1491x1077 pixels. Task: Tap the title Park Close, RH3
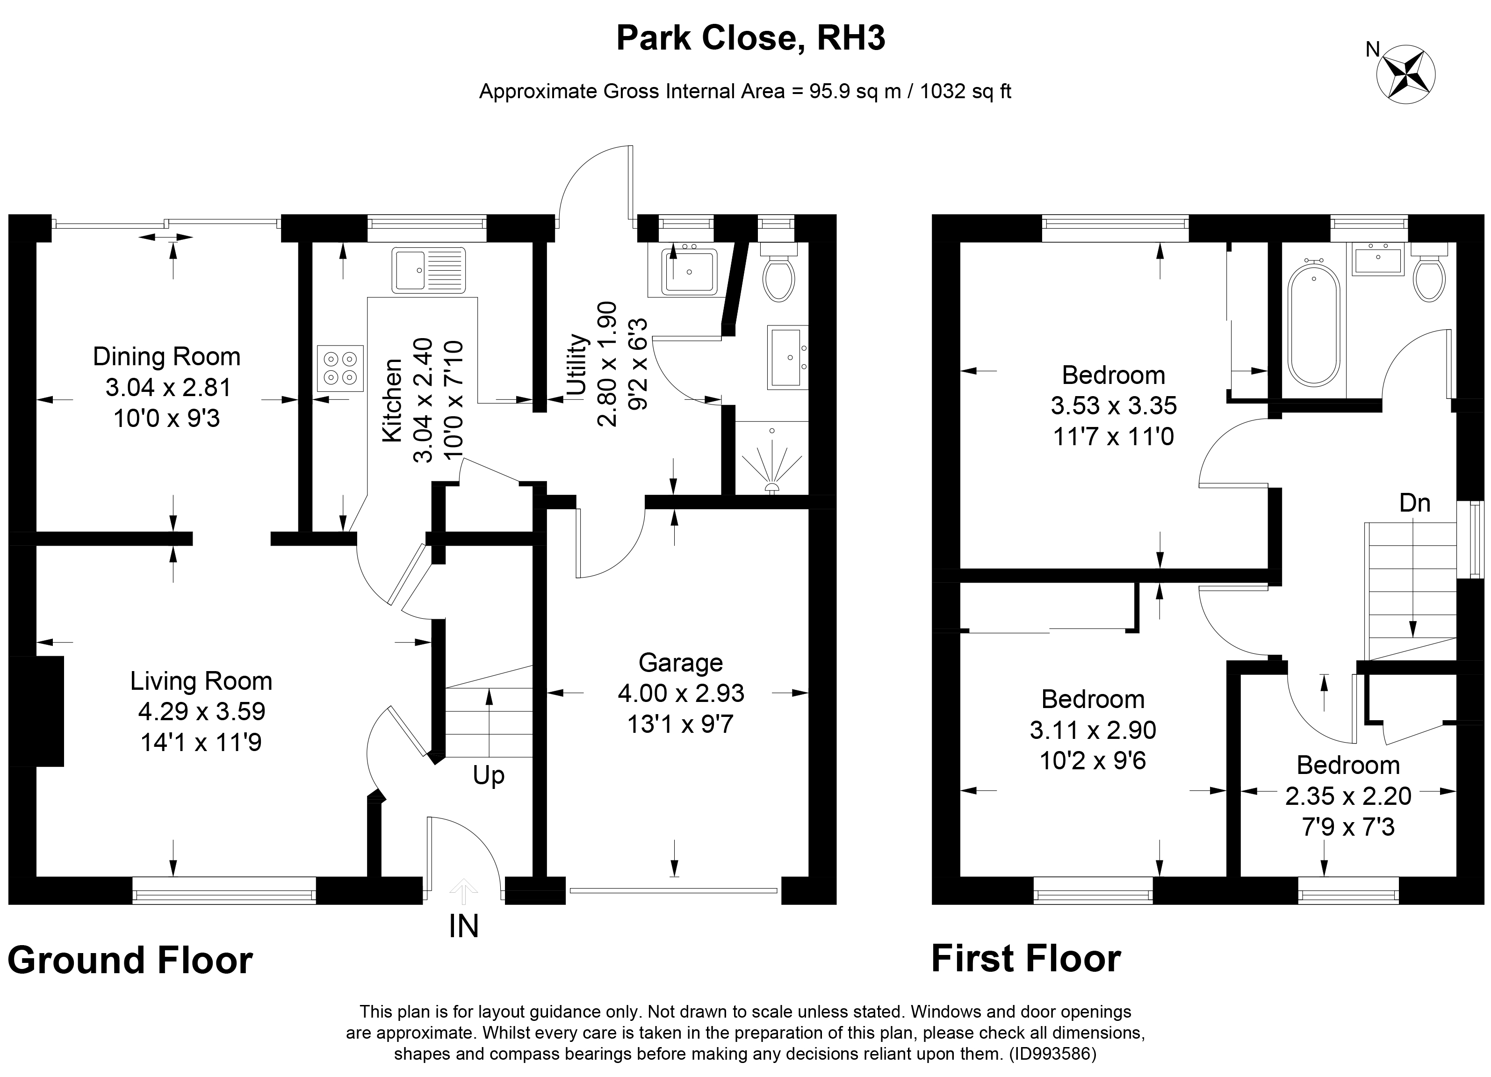click(x=751, y=38)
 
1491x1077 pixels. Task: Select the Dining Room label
click(x=166, y=356)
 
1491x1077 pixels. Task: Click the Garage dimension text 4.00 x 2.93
click(x=681, y=693)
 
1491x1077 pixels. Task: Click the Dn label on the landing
click(x=1415, y=503)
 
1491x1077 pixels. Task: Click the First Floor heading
click(x=1026, y=958)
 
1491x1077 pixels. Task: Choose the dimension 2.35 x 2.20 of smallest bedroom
click(x=1348, y=796)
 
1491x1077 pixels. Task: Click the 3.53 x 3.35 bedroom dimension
click(x=1114, y=405)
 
